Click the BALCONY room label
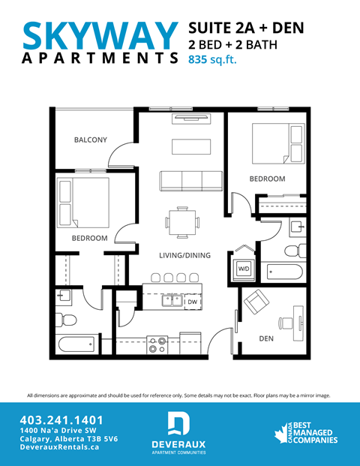[x=90, y=140]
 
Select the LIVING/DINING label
[x=184, y=255]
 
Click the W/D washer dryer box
[x=244, y=268]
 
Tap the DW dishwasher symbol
[x=192, y=302]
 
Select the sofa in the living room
[x=191, y=180]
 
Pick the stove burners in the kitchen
[x=157, y=345]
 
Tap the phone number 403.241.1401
[x=62, y=420]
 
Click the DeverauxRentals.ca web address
[x=59, y=447]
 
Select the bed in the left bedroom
[x=82, y=203]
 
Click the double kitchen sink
[x=170, y=302]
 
